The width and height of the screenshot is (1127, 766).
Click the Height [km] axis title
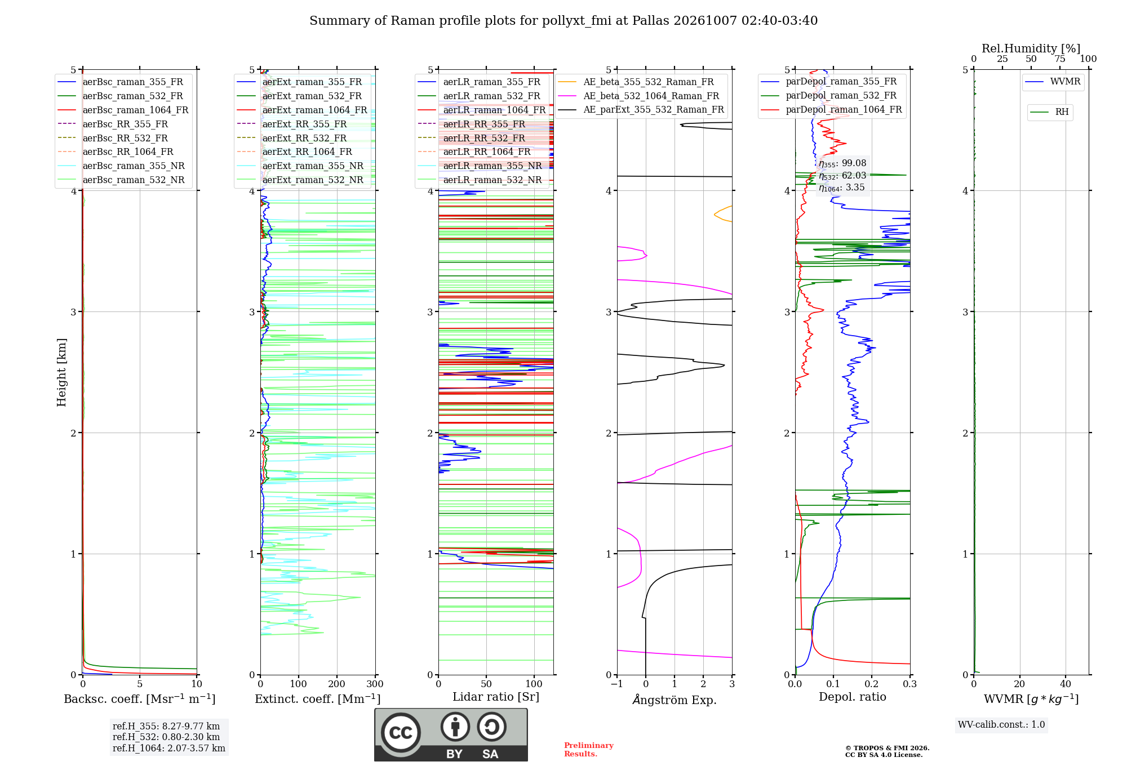61,372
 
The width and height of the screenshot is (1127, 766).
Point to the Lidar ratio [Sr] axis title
496,697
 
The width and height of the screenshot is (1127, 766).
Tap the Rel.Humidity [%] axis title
1031,48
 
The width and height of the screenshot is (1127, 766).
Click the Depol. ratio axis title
853,697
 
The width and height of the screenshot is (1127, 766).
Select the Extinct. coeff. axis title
318,699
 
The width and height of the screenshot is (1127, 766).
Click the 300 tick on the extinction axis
375,684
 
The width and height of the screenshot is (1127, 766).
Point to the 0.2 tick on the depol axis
872,684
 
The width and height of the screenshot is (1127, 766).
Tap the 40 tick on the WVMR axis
1066,684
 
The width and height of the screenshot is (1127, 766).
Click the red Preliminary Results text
589,750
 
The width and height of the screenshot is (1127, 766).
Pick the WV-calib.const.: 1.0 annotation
1001,725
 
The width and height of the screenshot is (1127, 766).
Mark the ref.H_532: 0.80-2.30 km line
166,737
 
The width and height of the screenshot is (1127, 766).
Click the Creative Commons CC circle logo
401,733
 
